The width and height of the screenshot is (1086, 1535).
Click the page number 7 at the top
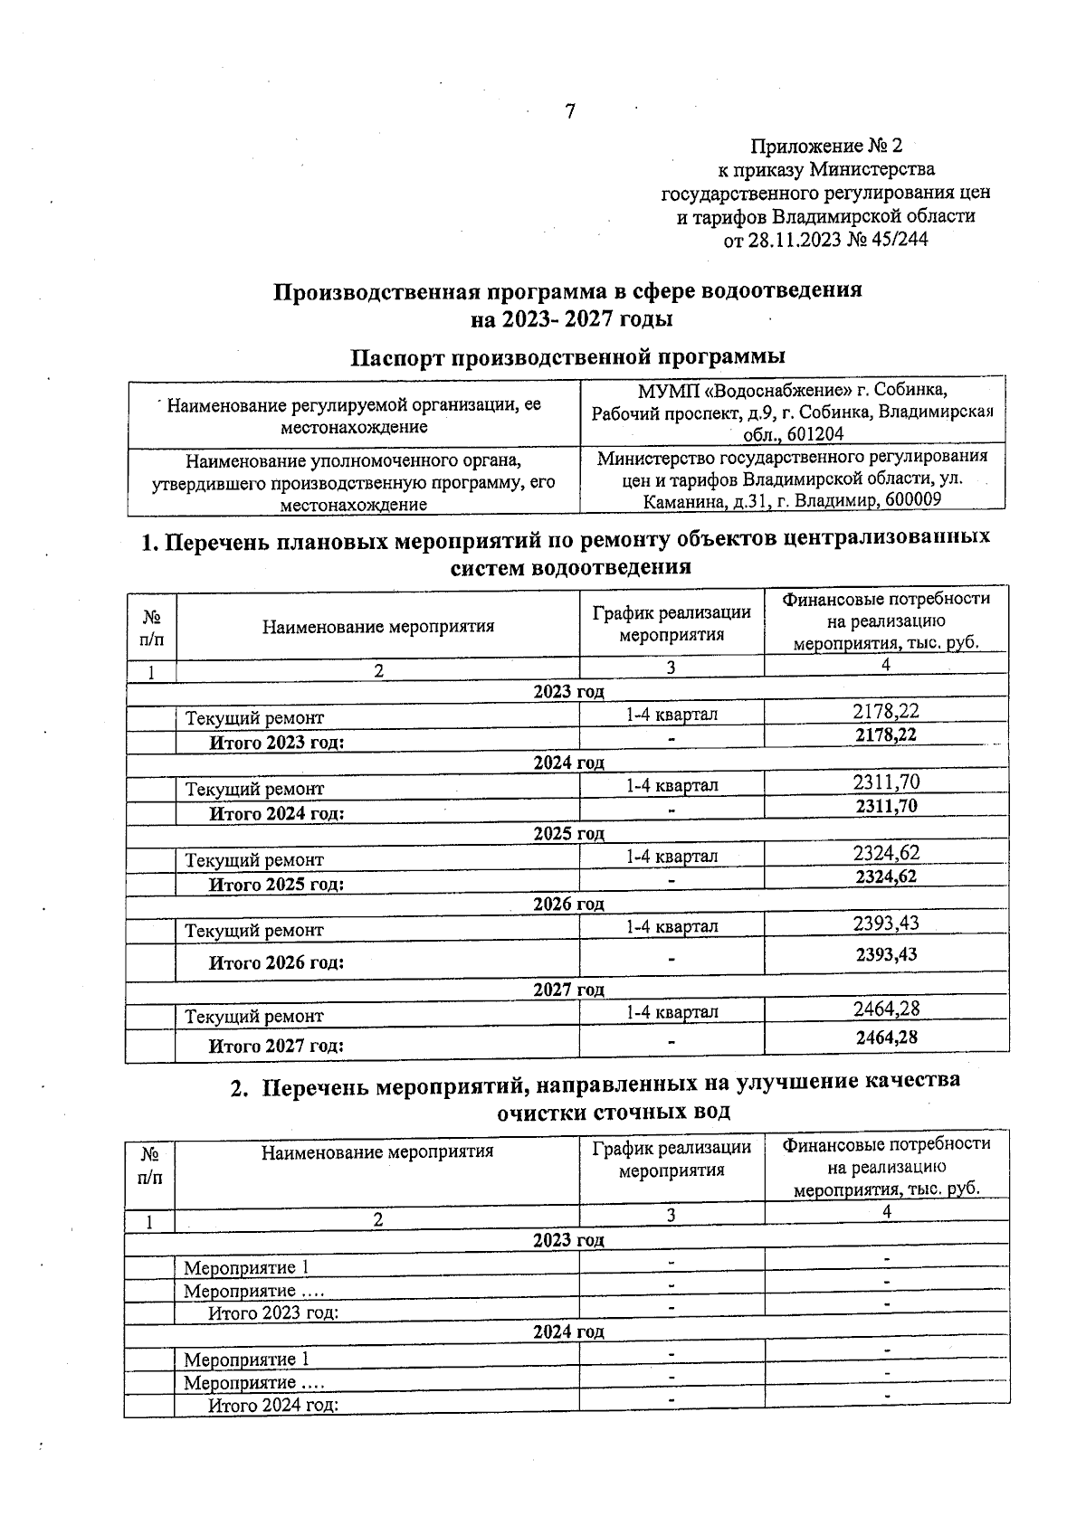pos(569,111)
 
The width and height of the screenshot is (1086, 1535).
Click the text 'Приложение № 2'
pos(826,146)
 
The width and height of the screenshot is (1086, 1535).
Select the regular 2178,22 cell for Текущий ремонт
pos(886,711)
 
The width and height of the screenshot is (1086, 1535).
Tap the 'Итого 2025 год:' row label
pos(277,884)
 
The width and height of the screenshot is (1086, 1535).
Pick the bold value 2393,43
pos(886,954)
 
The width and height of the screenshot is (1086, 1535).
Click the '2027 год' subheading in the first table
pos(568,990)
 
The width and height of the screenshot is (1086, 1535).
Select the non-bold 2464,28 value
pos(886,1008)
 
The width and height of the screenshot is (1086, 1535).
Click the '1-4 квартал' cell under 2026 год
pos(672,926)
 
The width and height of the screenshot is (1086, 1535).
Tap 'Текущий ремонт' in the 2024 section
pos(254,789)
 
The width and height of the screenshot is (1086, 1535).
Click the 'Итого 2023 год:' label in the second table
pos(273,1312)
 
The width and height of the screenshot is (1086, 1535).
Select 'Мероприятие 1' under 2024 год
pos(246,1360)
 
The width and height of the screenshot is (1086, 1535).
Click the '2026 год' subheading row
pos(568,904)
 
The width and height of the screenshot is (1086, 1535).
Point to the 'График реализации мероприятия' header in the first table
pos(672,623)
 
